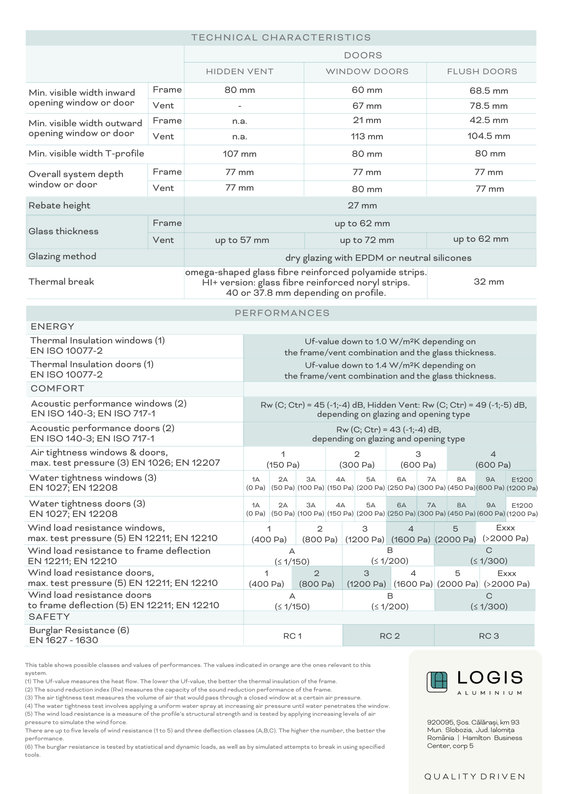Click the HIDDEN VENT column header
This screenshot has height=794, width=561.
coord(240,71)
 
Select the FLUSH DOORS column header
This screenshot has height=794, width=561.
coord(482,71)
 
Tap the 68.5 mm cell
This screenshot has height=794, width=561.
coord(489,91)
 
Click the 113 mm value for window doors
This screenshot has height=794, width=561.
coord(367,137)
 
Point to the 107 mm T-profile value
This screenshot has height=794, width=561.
coord(240,154)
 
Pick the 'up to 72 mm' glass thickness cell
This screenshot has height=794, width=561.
coord(367,240)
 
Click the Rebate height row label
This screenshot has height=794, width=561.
coord(60,206)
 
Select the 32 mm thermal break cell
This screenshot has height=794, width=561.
coord(489,282)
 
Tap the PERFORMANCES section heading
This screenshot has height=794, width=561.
coord(282,313)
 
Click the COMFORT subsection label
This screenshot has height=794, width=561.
coord(58,388)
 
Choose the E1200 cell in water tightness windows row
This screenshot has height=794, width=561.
coord(522,484)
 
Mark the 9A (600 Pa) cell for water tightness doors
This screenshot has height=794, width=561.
coord(491,509)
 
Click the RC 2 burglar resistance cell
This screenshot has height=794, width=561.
coord(389,636)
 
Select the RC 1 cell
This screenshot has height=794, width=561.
coord(292,636)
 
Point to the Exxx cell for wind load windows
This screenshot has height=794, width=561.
coord(505,533)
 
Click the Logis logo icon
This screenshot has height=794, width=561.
coord(437,682)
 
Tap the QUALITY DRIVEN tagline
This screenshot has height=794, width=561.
coord(475,777)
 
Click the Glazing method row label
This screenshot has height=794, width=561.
coord(62,256)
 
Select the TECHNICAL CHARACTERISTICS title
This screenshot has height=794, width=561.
coord(281,38)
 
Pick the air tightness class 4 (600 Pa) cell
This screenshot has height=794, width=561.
coord(493,459)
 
